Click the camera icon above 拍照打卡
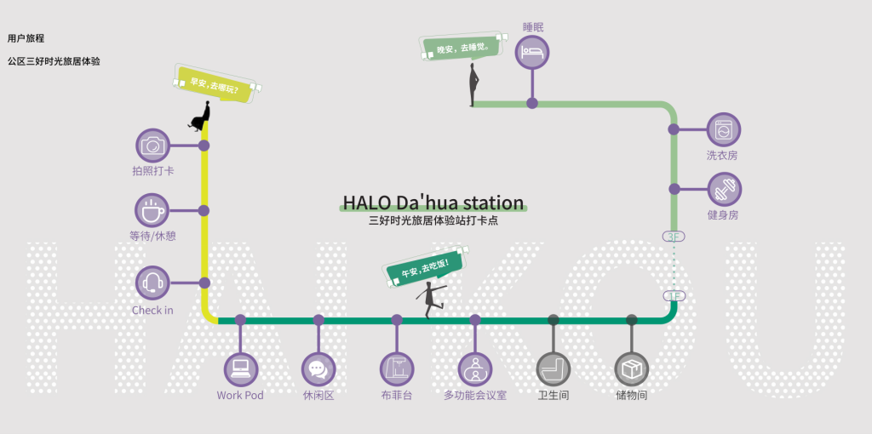[152, 146]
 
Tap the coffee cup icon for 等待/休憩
[152, 210]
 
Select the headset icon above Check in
[152, 283]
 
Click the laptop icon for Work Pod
[240, 369]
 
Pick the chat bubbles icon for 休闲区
[318, 369]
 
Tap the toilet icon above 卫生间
[554, 369]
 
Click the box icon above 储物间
[632, 369]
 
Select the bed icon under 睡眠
[532, 52]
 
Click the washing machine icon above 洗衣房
[724, 129]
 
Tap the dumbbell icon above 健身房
[724, 188]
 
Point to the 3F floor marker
[674, 237]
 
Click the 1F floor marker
[674, 296]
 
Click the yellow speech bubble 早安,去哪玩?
[215, 84]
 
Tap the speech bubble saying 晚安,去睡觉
[462, 48]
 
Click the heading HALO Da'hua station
[433, 203]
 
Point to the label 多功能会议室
[475, 396]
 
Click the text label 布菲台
[397, 396]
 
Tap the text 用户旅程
[26, 38]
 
